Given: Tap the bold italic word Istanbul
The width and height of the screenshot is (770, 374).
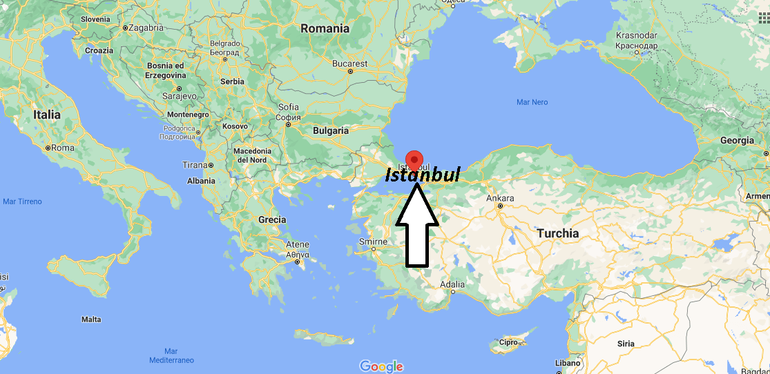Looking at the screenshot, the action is [x=422, y=175].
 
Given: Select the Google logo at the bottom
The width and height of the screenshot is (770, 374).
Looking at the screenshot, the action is [x=381, y=366].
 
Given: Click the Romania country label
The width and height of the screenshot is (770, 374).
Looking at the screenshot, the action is [x=325, y=29].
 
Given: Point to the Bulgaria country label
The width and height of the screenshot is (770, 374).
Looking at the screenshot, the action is [x=331, y=130].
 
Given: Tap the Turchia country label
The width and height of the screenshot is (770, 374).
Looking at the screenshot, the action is [x=558, y=233].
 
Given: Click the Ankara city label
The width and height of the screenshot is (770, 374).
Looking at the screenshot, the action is [x=500, y=197].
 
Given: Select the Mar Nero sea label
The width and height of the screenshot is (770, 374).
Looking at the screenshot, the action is [x=532, y=102].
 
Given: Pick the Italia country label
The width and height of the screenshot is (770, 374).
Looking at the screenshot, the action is [x=46, y=115].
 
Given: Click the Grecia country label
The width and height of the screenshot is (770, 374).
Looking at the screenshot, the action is [x=272, y=219].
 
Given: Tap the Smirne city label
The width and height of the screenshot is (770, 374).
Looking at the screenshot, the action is [x=373, y=242].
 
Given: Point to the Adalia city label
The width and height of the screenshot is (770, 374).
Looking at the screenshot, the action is [x=452, y=284].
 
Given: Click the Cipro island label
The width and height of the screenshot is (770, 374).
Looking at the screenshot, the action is [x=508, y=342].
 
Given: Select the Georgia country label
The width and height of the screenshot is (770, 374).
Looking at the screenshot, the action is [x=737, y=140].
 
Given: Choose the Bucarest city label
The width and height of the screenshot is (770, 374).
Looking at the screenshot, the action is [x=349, y=63].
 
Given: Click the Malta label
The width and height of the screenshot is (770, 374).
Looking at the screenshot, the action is [x=91, y=319].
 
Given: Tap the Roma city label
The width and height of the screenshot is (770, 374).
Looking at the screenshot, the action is [x=62, y=148].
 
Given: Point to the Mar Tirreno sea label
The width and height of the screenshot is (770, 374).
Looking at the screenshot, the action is [x=22, y=201].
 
